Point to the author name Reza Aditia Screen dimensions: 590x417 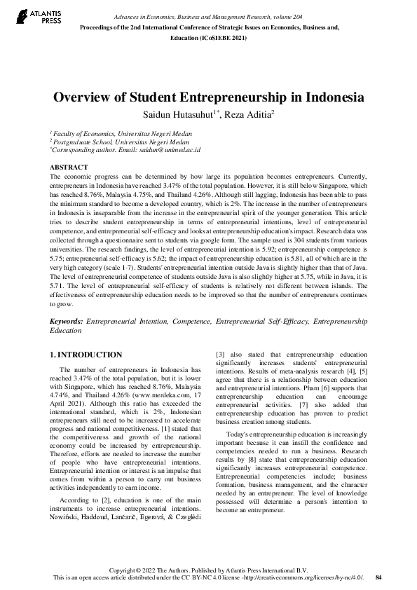[251, 114]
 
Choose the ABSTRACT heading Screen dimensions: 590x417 [69, 167]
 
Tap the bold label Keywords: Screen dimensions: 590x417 [66, 321]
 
